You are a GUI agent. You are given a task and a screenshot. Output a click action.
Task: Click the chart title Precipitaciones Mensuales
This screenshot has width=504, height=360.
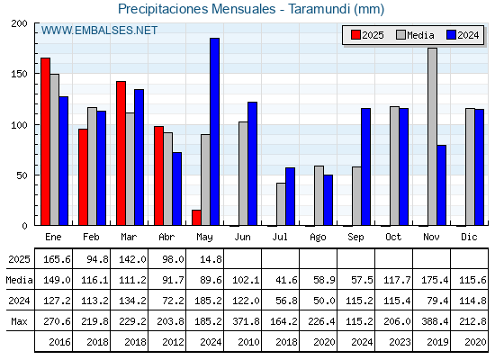(197, 9)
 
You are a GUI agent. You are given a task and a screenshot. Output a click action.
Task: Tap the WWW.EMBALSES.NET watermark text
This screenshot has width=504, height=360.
(99, 31)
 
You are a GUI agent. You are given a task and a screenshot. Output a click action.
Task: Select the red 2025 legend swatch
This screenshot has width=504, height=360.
(355, 35)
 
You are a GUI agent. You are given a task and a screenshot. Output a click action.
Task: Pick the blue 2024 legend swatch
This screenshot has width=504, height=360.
(451, 35)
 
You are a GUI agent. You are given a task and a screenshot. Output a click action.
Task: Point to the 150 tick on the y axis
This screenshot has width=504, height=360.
(19, 74)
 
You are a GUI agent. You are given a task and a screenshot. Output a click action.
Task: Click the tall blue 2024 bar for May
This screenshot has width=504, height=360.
(215, 131)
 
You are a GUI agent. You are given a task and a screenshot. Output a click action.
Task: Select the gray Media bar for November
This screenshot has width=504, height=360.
(432, 137)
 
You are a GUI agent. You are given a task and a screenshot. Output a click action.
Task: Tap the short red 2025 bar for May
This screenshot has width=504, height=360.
(196, 218)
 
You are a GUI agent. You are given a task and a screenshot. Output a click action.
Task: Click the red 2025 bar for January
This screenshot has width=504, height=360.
(45, 141)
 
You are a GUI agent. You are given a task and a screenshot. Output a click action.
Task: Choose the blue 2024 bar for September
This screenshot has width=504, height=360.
(365, 166)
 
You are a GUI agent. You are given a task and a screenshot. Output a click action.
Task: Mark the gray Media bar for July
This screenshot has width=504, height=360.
(281, 204)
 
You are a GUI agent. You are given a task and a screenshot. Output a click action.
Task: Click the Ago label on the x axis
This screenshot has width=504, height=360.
(318, 238)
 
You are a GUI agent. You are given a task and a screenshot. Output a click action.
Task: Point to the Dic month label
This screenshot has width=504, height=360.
(469, 237)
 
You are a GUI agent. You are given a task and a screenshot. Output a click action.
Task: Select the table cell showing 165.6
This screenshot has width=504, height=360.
(57, 259)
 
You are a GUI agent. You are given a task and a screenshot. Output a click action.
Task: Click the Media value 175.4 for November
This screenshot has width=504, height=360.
(435, 280)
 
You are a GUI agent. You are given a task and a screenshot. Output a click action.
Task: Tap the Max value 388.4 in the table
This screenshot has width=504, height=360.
(435, 321)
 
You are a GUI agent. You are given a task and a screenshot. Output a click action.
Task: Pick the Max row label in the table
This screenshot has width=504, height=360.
(19, 321)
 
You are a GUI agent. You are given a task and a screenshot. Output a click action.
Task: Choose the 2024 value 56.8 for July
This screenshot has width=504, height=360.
(286, 301)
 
